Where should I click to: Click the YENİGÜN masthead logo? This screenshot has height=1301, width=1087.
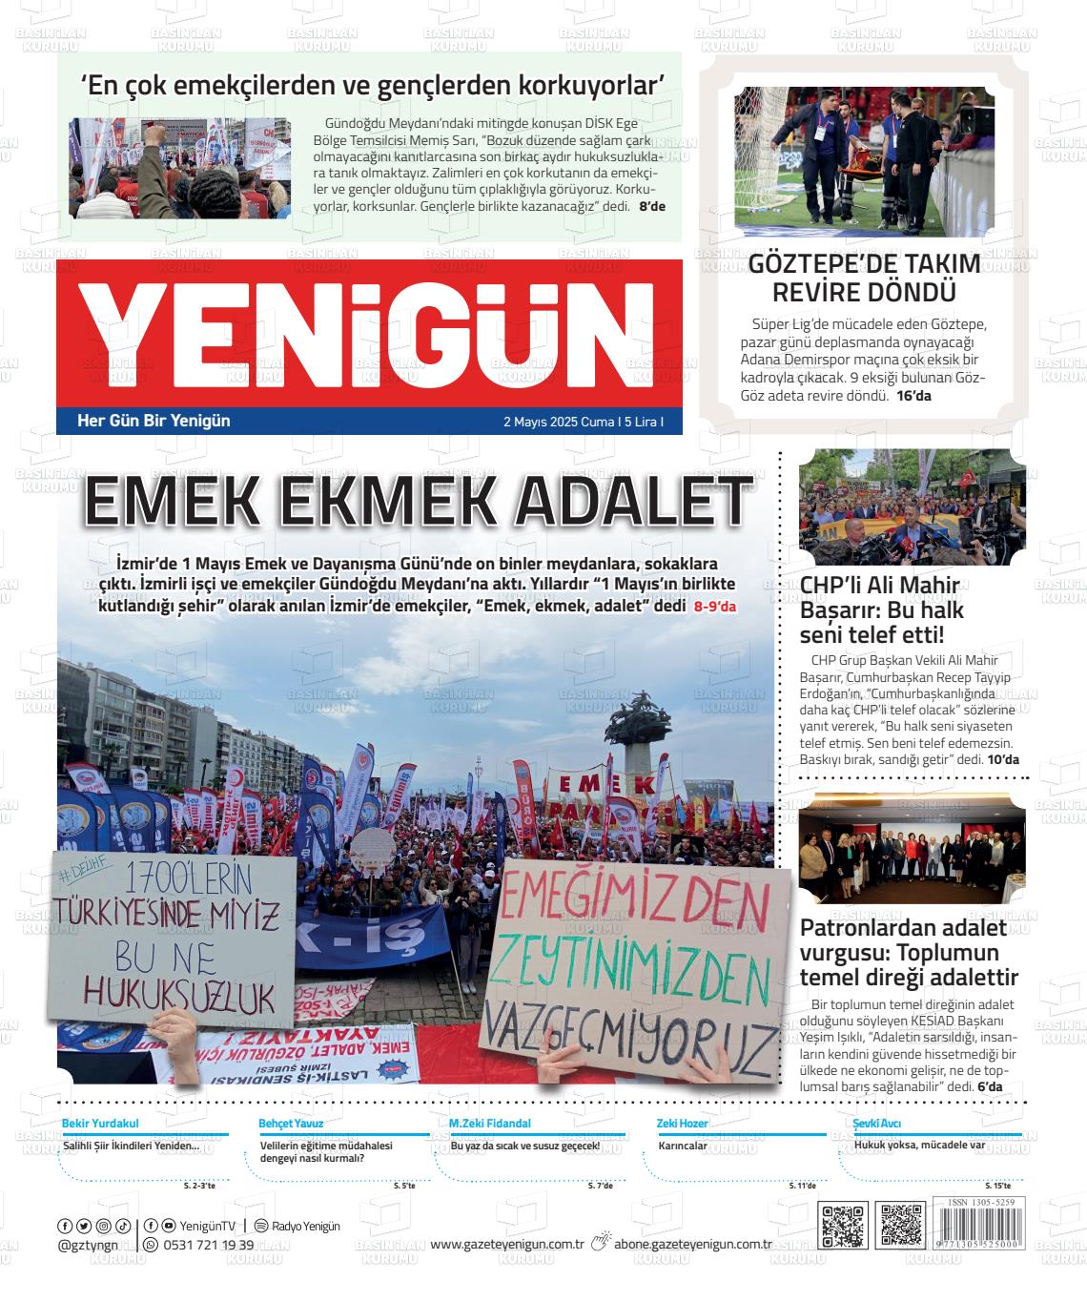[368, 335]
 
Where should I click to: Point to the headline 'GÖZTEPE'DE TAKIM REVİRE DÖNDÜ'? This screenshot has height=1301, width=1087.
[864, 278]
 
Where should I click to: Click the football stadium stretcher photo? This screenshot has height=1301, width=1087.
[864, 162]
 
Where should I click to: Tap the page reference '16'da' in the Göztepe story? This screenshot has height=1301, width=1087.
[913, 395]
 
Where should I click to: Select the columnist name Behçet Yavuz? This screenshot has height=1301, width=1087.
[291, 1124]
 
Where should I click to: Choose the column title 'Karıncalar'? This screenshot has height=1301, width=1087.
[683, 1146]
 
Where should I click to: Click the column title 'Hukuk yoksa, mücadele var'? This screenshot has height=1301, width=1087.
[919, 1145]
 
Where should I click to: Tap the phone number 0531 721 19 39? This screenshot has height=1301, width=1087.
[209, 1245]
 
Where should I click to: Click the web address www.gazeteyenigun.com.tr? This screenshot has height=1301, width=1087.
[506, 1244]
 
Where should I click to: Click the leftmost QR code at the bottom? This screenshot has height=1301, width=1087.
[843, 1227]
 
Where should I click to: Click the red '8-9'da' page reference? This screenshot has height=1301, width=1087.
[715, 607]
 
